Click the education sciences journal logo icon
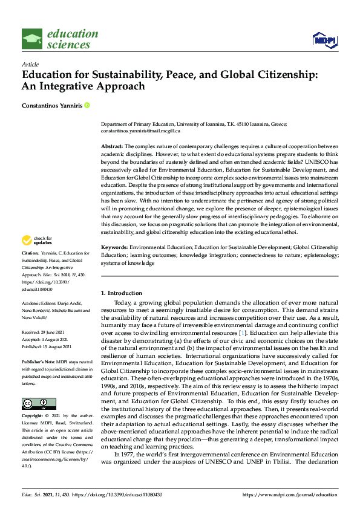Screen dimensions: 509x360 click(x=32, y=39)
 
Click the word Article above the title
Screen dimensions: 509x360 click(x=30, y=64)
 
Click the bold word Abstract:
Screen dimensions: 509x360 click(x=111, y=147)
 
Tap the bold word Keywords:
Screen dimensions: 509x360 click(x=114, y=248)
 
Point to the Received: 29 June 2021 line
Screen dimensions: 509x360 click(x=44, y=331)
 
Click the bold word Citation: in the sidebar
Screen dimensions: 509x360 click(x=30, y=269)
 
